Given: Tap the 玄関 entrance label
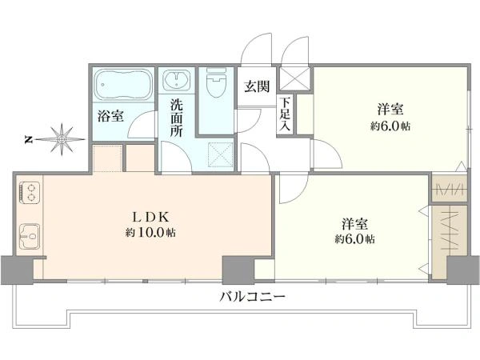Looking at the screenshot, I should pos(256,86).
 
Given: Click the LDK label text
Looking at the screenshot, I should pos(149,216).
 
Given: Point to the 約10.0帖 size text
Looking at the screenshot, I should pos(150,233).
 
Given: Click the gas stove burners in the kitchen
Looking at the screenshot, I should pos(29,192).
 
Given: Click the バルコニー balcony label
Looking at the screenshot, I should pos(252,297).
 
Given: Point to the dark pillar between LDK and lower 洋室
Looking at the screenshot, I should pos(235,268).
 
